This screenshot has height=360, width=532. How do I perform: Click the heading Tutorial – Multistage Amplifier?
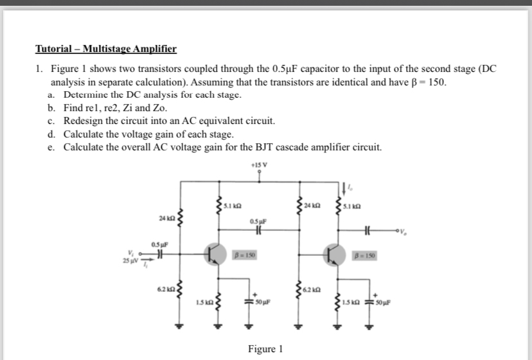pyautogui.click(x=105, y=49)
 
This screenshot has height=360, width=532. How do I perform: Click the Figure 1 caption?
pyautogui.click(x=265, y=349)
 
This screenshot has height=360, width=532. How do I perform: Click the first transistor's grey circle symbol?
pyautogui.click(x=215, y=255)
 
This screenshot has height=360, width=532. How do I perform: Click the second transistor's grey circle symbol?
pyautogui.click(x=335, y=255)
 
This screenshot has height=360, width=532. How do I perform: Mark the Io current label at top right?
pyautogui.click(x=352, y=186)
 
